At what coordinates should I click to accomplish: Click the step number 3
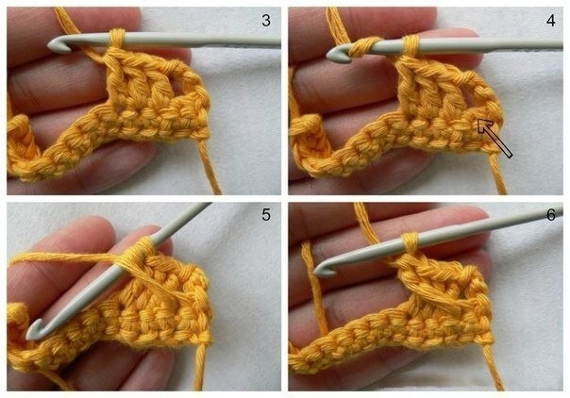coord(266,21)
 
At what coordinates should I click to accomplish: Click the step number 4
coord(551,21)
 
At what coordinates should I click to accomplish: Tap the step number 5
coord(266,215)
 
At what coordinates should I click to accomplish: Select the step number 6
coord(551,215)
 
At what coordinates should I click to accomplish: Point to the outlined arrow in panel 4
coord(495,138)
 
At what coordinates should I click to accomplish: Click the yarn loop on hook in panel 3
coord(117,39)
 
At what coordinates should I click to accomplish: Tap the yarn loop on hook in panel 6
coord(411,242)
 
